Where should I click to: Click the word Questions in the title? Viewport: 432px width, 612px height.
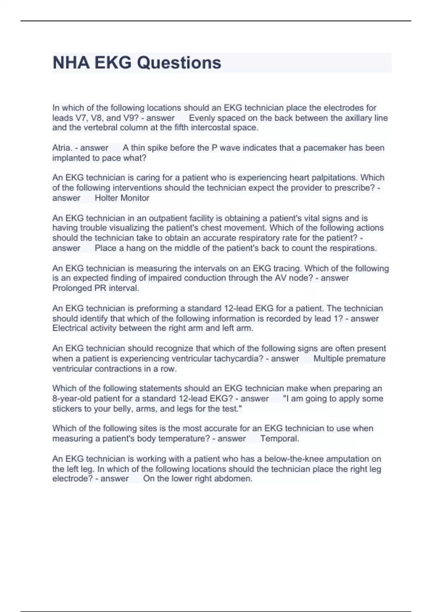[x=179, y=63]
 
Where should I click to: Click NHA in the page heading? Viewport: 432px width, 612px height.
[x=71, y=63]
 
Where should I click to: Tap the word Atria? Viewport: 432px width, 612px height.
[x=62, y=148]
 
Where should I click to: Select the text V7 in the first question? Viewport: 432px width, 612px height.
[x=80, y=118]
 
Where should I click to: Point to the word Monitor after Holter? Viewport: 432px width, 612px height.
[x=135, y=198]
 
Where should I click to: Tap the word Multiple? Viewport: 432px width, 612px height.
[x=329, y=359]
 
